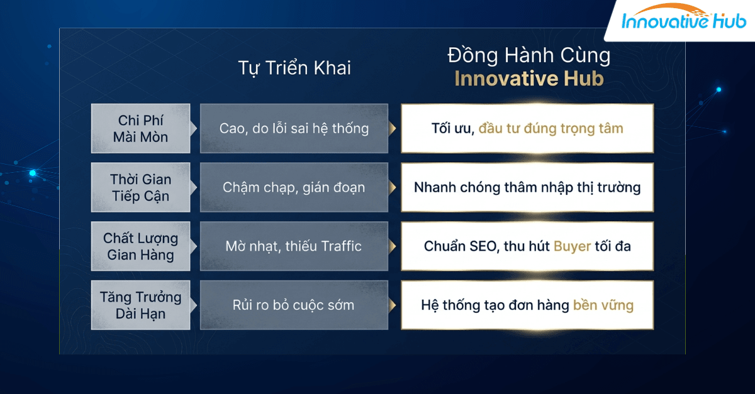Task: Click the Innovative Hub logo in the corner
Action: (x=683, y=21)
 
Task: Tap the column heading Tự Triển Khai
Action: (x=294, y=68)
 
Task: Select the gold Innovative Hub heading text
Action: (x=528, y=79)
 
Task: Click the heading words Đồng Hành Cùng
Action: (x=528, y=56)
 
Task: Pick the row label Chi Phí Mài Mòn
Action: (x=140, y=128)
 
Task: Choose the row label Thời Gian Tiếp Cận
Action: (x=140, y=187)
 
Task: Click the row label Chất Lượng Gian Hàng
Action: (x=140, y=246)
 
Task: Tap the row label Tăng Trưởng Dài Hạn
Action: (x=140, y=305)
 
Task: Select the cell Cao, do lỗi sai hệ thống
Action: (x=294, y=128)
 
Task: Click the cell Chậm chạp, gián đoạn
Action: (x=294, y=187)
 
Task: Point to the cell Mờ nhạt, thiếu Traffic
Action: (x=294, y=246)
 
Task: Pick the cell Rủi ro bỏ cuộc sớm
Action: (x=294, y=305)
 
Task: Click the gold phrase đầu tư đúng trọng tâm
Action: (x=551, y=129)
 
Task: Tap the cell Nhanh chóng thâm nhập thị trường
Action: (x=527, y=187)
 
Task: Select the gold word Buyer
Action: (x=572, y=246)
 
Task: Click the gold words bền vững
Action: (x=603, y=305)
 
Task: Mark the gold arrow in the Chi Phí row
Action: (x=393, y=129)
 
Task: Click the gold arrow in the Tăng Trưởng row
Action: (x=393, y=305)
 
